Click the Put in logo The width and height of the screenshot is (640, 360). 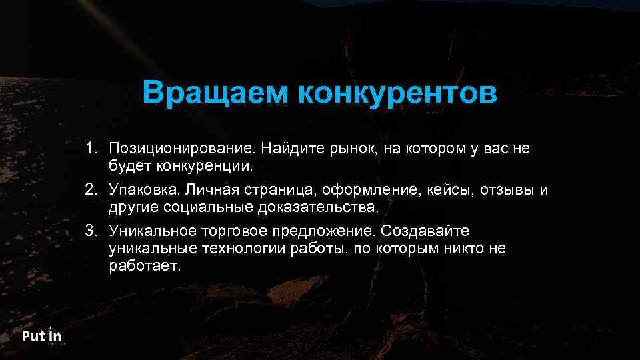[42, 337]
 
